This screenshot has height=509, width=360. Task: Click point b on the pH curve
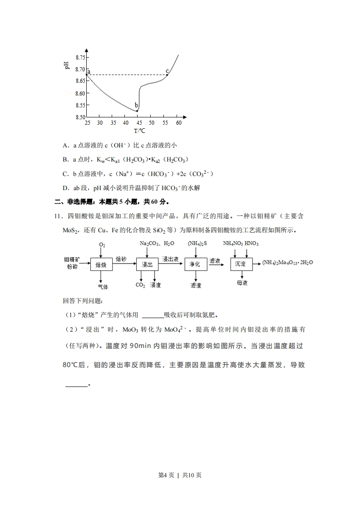click(x=137, y=111)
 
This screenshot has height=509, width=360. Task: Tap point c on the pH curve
click(x=167, y=75)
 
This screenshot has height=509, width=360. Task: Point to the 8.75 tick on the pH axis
click(x=80, y=57)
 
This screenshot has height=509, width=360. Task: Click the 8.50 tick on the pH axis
click(x=80, y=117)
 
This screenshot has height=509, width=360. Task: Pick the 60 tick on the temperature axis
click(x=178, y=123)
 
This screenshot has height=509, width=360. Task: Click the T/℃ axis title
click(x=139, y=131)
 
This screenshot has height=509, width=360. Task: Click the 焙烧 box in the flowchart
click(x=101, y=264)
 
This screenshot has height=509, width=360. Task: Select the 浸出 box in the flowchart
click(x=147, y=264)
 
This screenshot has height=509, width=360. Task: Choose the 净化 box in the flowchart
click(x=195, y=264)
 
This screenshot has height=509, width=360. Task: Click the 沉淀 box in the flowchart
click(x=240, y=264)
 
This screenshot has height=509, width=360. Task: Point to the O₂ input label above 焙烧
click(x=102, y=245)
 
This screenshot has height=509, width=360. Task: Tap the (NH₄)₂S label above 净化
click(x=197, y=244)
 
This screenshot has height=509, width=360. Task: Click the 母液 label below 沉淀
click(x=242, y=283)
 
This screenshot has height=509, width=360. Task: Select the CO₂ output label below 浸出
click(x=140, y=285)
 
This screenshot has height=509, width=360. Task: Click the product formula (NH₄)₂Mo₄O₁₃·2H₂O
click(x=288, y=263)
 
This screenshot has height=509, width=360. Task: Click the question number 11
click(x=58, y=217)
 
